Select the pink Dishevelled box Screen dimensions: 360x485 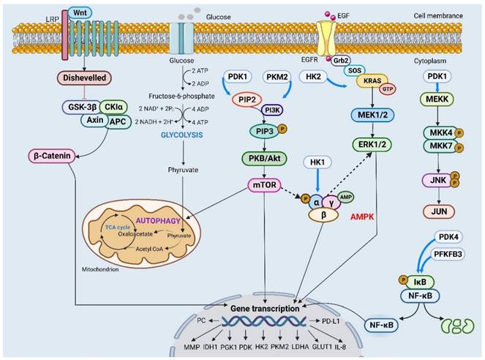coord(78,78)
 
